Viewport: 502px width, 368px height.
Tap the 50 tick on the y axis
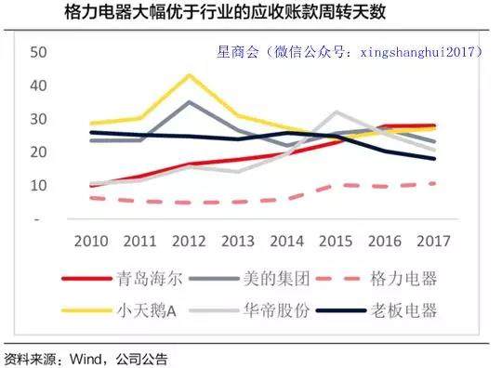pos(38,52)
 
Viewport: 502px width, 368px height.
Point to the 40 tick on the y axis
pos(38,85)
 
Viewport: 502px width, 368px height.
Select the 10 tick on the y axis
pos(38,185)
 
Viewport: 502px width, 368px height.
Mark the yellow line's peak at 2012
pos(189,75)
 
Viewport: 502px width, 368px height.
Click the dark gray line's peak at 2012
pos(189,102)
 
